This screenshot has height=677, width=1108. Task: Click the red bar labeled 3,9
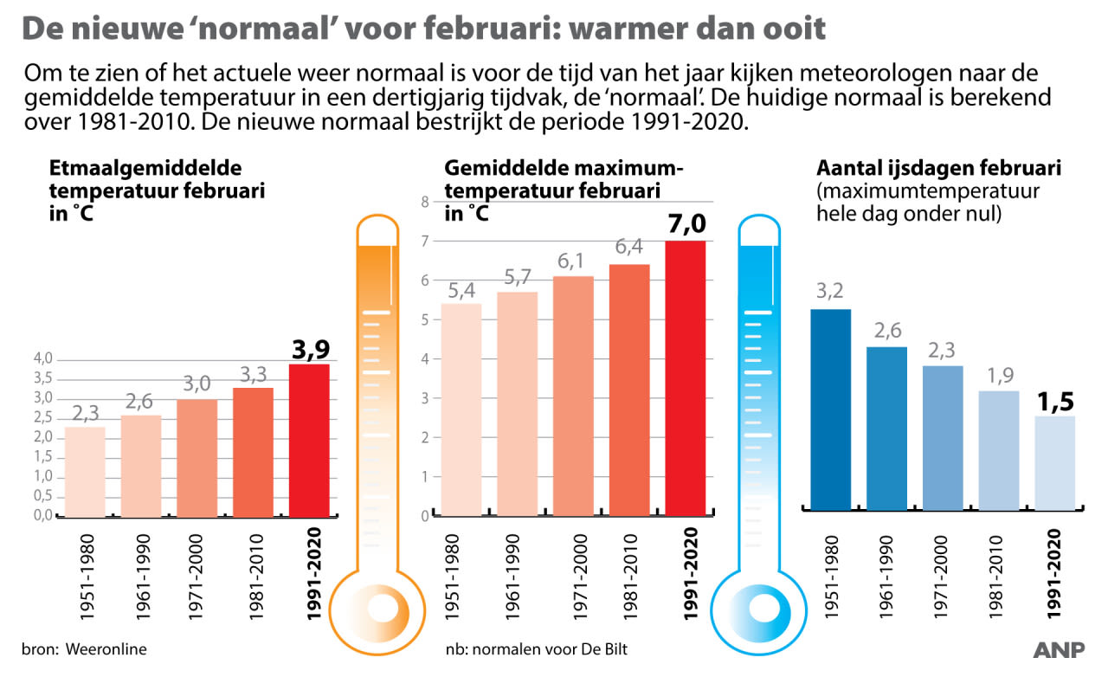(309, 440)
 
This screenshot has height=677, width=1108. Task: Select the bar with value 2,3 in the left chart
(85, 472)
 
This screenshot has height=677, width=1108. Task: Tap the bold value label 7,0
(686, 224)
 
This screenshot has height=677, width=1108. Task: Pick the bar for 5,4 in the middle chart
(461, 409)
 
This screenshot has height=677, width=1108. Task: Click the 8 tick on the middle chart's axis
(425, 203)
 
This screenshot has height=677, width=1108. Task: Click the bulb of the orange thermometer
(378, 609)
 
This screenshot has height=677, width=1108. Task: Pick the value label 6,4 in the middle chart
(629, 248)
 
